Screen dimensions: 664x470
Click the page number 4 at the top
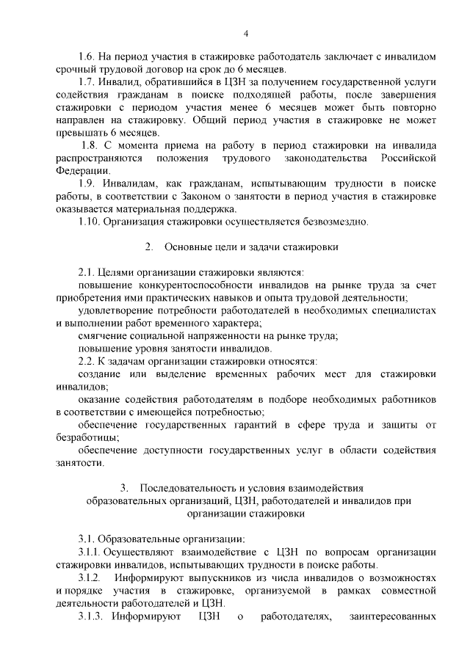(246, 33)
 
